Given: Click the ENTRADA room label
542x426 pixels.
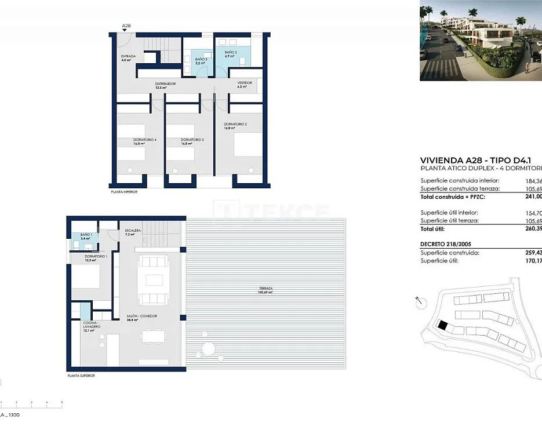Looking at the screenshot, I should click(128, 56).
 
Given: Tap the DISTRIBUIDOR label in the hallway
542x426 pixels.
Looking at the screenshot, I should click(165, 84).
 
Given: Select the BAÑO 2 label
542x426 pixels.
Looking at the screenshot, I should click(231, 53).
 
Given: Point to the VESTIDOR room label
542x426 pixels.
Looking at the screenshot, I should click(245, 83).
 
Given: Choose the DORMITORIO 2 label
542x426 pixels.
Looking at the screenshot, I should click(236, 125).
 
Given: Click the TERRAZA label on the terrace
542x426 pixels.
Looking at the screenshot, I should click(266, 289).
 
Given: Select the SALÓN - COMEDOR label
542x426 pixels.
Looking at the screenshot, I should click(142, 316).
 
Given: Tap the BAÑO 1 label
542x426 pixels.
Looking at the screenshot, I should click(85, 235).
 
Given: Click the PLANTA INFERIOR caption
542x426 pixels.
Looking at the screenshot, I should click(124, 191).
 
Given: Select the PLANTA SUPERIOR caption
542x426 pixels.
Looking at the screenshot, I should click(80, 376).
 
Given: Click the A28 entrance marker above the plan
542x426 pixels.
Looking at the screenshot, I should click(126, 26).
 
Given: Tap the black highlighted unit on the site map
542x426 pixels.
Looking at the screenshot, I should click(442, 326).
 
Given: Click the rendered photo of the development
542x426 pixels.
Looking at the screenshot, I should click(481, 41).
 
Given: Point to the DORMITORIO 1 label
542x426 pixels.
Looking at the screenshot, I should click(96, 256).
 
